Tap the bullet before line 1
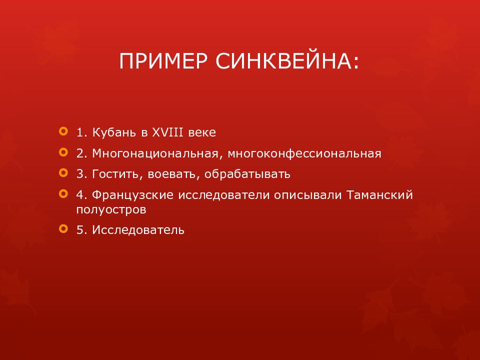point(62,131)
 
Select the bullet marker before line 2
point(62,151)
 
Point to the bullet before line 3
point(62,172)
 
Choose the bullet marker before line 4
point(62,193)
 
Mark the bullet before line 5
point(62,228)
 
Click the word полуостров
point(111,209)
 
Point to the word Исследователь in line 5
point(138,230)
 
